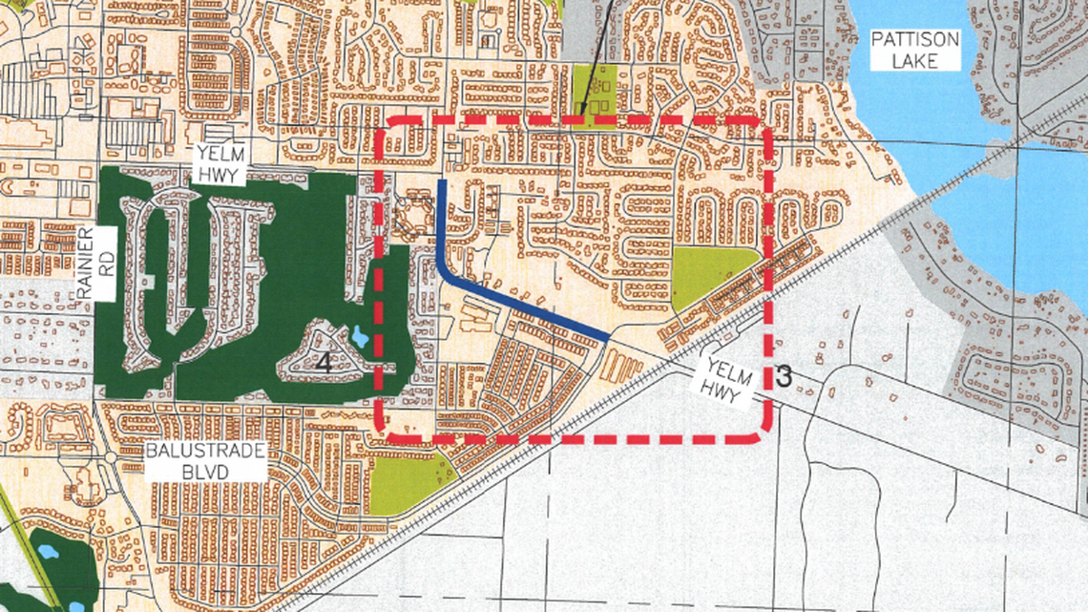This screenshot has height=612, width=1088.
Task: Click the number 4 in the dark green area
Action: click(x=324, y=362)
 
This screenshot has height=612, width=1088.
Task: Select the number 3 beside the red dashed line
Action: click(x=784, y=376)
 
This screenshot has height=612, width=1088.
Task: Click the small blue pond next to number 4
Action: click(x=359, y=337)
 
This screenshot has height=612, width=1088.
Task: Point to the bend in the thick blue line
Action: click(x=445, y=275)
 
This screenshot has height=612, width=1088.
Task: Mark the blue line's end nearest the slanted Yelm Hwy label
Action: click(x=607, y=336)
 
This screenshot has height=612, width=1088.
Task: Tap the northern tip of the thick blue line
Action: click(x=440, y=180)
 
